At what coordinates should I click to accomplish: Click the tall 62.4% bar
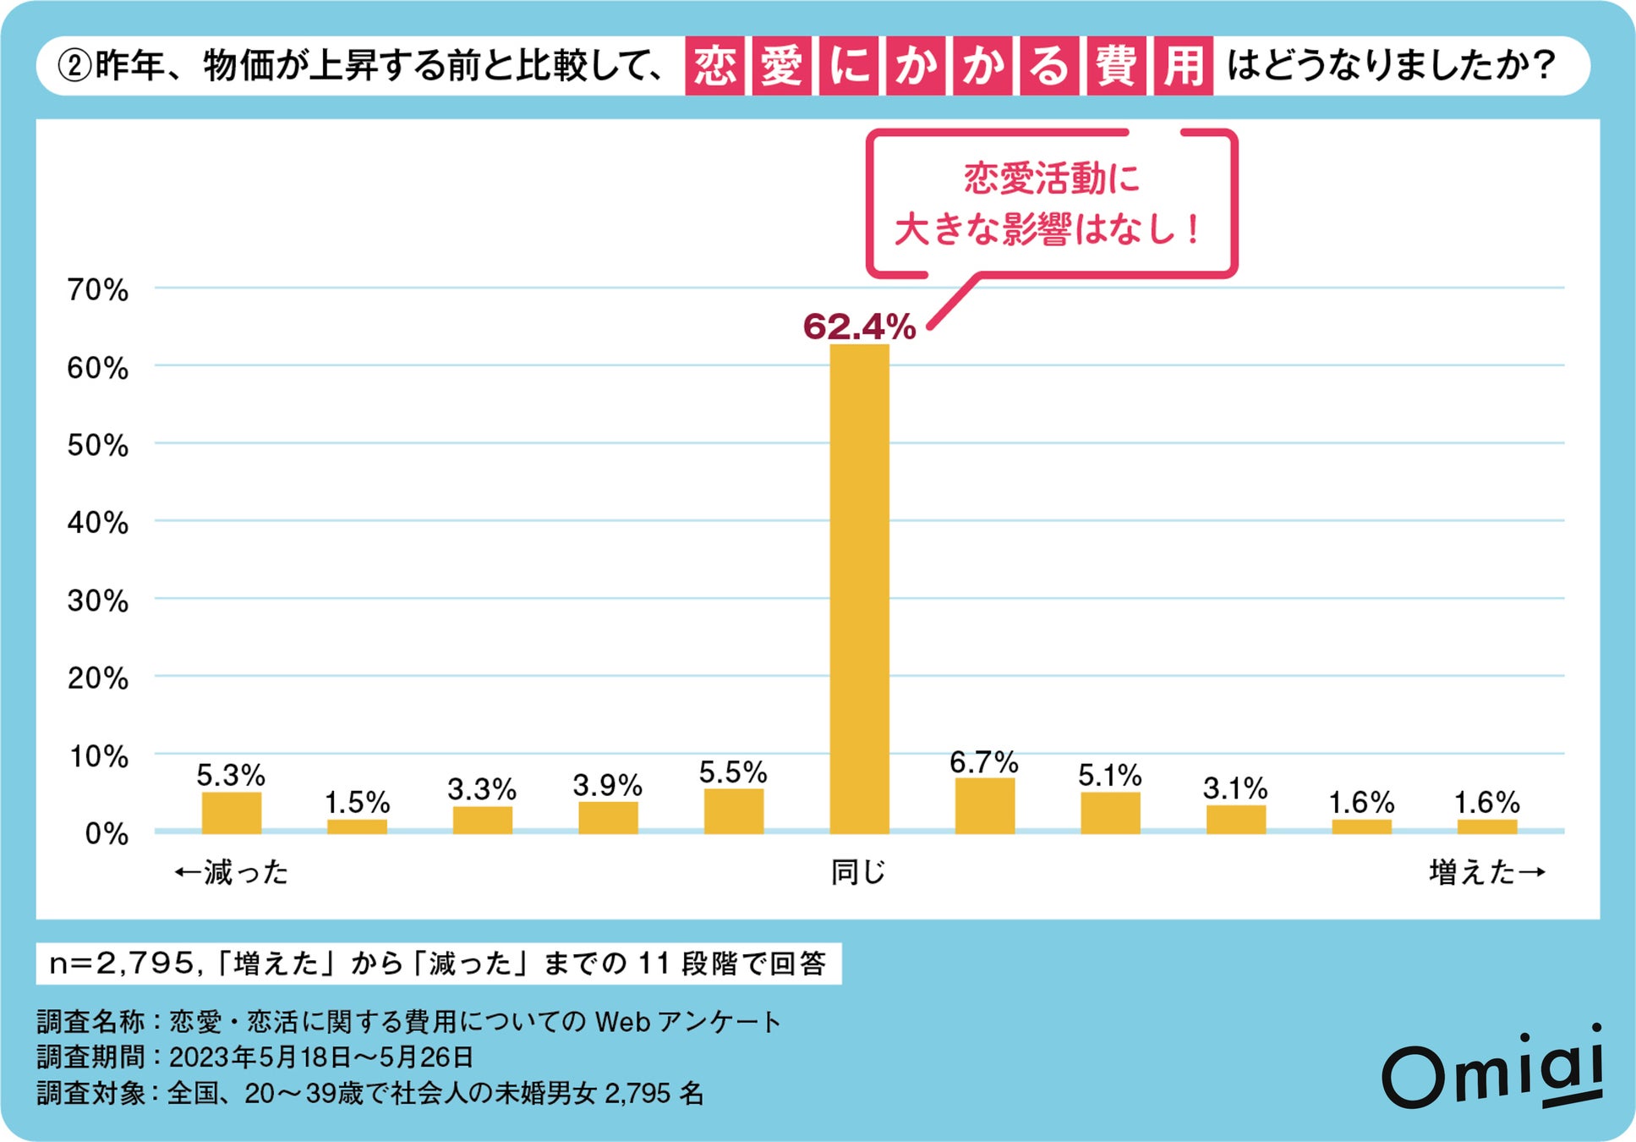point(859,588)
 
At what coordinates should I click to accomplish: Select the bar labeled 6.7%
point(984,805)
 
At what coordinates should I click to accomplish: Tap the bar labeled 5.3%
point(231,812)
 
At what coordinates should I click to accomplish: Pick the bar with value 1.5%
point(357,826)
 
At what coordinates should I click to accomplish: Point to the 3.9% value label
point(607,785)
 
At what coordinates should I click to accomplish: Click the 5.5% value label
point(732,771)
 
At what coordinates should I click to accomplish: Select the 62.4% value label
point(859,327)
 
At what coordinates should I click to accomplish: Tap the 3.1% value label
point(1234,788)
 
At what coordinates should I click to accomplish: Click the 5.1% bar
point(1109,812)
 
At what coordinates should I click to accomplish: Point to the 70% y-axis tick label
point(98,290)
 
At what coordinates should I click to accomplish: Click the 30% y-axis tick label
point(98,601)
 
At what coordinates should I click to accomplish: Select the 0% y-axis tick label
point(107,834)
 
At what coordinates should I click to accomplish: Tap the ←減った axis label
point(231,872)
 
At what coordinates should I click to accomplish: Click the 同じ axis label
point(857,872)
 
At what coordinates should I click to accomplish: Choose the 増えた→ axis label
point(1486,872)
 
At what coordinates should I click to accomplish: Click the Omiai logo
point(1492,1070)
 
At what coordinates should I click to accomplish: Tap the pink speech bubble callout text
point(1050,203)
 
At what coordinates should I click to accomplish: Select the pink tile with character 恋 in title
point(714,66)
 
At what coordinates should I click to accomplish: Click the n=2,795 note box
point(438,964)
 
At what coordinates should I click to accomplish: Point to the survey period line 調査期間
point(254,1057)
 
